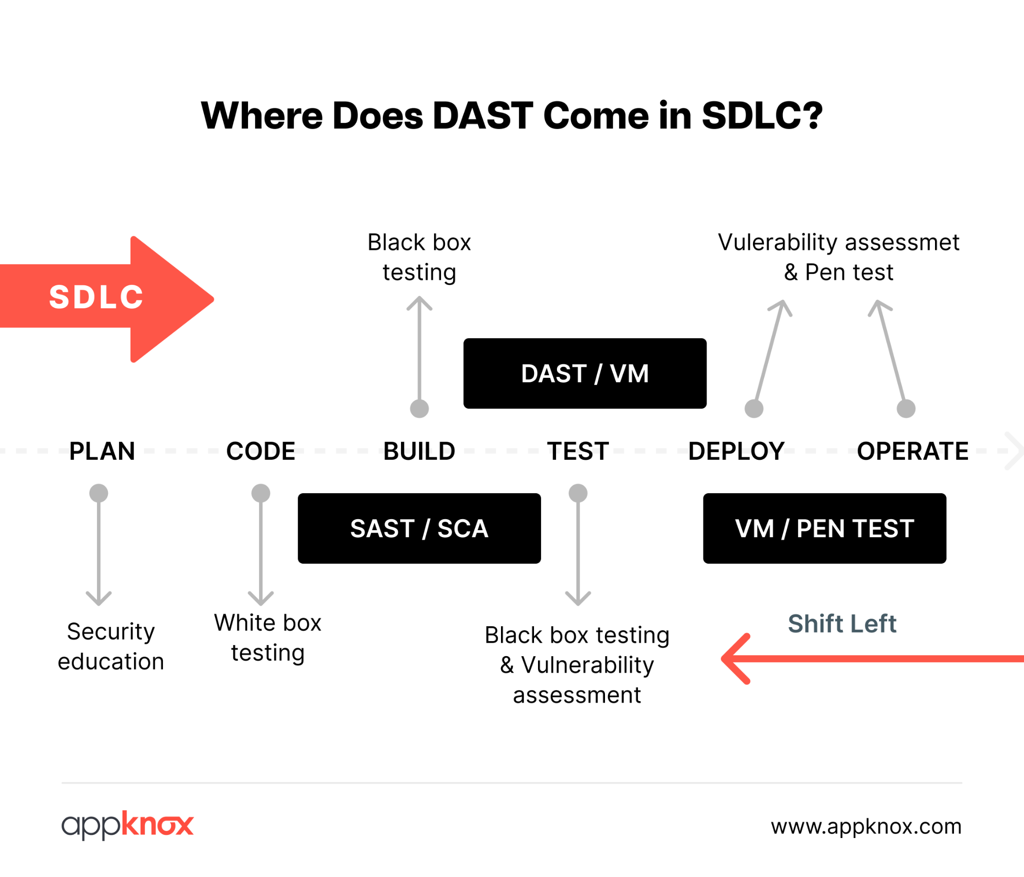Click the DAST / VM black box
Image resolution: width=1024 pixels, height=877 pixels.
(x=584, y=373)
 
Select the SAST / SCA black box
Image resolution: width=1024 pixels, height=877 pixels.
(x=419, y=528)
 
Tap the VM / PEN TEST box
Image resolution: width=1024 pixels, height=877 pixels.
(x=824, y=528)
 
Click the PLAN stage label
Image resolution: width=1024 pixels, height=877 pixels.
(x=102, y=451)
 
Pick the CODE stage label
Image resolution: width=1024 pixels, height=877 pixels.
(x=260, y=451)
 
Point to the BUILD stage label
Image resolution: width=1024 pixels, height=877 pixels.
(x=419, y=451)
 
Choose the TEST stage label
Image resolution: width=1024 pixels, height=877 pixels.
(x=578, y=451)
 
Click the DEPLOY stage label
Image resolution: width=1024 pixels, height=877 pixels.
(x=736, y=451)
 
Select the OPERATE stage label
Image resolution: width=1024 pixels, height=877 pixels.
(x=912, y=451)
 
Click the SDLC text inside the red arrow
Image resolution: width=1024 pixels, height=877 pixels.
(x=96, y=297)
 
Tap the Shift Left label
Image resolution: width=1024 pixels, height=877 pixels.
(x=842, y=623)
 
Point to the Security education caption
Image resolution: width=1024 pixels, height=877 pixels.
(x=110, y=646)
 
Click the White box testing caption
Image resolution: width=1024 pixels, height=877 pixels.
(x=267, y=638)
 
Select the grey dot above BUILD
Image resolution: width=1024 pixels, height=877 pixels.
(x=419, y=408)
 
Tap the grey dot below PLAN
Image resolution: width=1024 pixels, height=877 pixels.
(x=98, y=493)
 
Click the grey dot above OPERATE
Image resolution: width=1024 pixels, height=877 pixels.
(x=905, y=408)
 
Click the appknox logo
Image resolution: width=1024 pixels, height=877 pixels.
(x=127, y=825)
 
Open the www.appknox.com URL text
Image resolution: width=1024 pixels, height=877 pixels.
(x=866, y=826)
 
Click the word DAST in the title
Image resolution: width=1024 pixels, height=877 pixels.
(x=482, y=115)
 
